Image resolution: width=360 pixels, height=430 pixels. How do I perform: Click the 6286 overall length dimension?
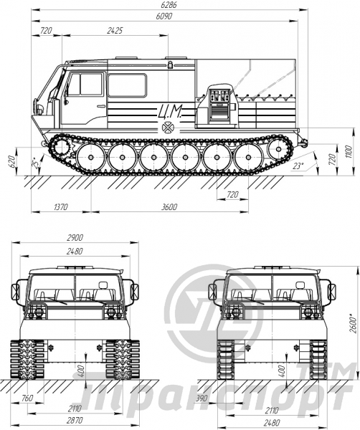click(169, 5)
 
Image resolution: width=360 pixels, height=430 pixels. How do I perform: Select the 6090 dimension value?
click(164, 16)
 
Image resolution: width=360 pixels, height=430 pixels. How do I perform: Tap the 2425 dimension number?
click(115, 30)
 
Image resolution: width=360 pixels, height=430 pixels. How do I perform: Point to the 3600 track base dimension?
click(169, 207)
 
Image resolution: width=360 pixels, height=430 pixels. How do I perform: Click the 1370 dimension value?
click(61, 207)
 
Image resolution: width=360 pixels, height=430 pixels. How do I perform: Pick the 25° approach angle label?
click(34, 163)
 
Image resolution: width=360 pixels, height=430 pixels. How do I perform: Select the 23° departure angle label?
click(298, 166)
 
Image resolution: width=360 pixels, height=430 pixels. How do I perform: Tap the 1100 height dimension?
click(349, 152)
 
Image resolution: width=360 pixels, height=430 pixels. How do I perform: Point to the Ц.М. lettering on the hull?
click(169, 112)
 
